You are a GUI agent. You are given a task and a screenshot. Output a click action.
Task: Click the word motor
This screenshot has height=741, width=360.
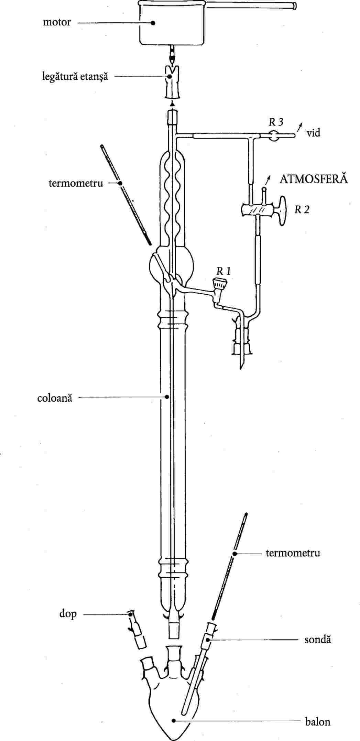[57, 22]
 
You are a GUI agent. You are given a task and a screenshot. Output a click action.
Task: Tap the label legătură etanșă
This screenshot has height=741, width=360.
[75, 76]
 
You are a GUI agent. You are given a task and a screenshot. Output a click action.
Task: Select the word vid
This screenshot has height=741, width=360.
[313, 133]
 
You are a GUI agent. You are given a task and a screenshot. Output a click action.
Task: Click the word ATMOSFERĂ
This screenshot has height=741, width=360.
[314, 179]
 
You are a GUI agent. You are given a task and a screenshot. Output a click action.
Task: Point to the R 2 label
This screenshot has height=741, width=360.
[302, 209]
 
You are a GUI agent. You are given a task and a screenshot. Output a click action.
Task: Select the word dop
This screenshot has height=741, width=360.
[68, 614]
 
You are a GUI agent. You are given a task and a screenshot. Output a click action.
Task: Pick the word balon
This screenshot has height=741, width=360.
[318, 721]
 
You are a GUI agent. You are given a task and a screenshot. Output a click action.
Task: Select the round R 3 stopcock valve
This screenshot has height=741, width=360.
[274, 135]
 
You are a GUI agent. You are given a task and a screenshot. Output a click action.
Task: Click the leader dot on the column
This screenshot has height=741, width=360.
[167, 396]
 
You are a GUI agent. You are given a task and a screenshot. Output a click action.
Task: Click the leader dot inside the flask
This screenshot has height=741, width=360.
[174, 720]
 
